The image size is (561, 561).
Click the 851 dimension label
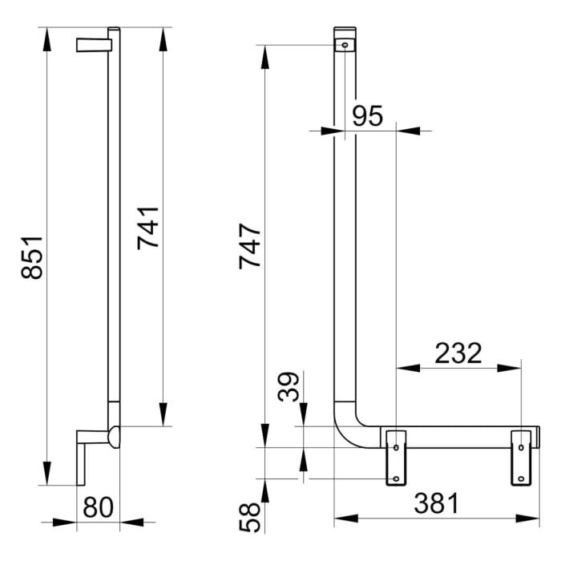click(x=31, y=257)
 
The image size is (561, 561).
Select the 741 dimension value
click(x=148, y=228)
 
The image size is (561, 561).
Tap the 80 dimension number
click(x=98, y=507)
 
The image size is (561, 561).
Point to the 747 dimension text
click(x=250, y=246)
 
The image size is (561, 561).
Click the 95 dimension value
click(x=368, y=117)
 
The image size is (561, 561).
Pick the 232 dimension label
click(x=458, y=353)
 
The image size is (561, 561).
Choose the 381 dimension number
click(x=437, y=504)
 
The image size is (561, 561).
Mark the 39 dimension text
click(x=289, y=388)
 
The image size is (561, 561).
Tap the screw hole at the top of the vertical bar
click(x=345, y=45)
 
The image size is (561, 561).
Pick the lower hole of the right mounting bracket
click(x=521, y=479)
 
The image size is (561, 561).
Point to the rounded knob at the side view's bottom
click(x=113, y=437)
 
